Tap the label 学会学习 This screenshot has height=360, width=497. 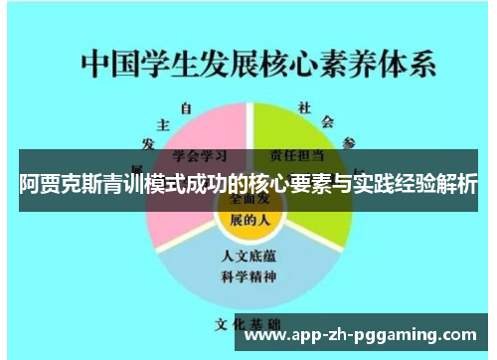[198, 155]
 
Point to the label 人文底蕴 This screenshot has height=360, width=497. [248, 256]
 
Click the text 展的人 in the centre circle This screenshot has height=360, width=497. [248, 219]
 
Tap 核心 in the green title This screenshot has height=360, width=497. [292, 65]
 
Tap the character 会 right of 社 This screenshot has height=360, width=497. [327, 122]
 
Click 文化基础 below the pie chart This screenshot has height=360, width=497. [248, 325]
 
